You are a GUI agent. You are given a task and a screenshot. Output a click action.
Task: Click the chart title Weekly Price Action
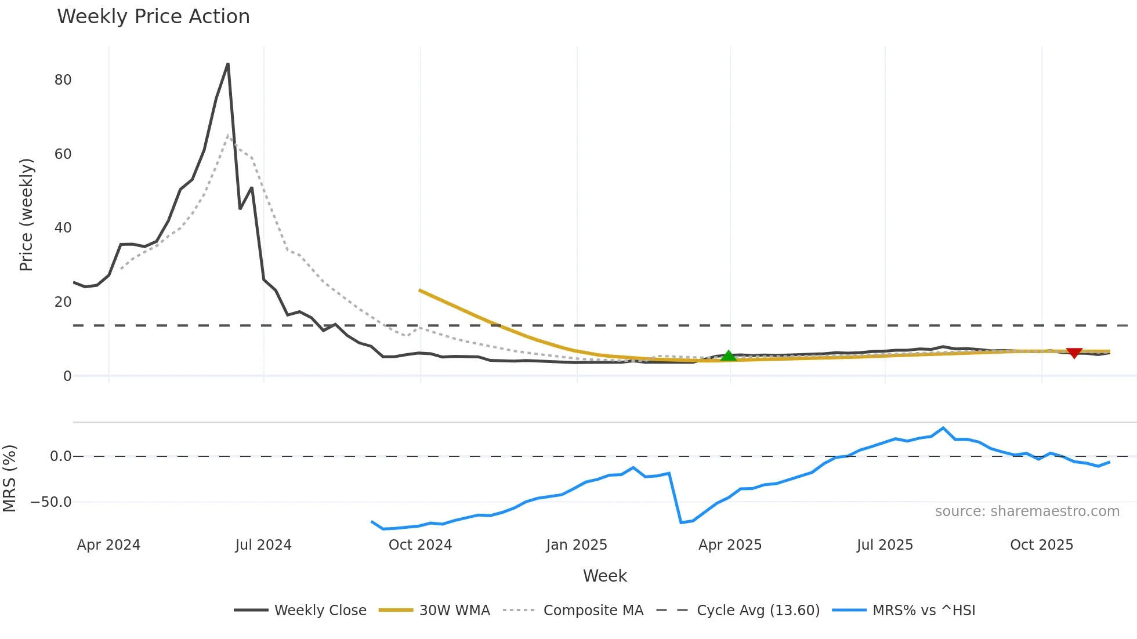153,17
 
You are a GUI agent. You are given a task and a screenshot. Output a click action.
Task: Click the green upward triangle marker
729,356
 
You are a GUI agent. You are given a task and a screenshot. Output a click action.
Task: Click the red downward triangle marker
1074,353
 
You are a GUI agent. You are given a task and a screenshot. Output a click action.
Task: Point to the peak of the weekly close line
228,64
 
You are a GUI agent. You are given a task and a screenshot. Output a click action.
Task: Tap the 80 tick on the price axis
63,80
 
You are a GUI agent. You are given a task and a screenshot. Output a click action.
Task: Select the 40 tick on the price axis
63,228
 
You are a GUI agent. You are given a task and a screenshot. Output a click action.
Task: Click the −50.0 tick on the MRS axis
52,502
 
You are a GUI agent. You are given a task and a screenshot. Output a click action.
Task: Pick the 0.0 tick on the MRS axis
60,456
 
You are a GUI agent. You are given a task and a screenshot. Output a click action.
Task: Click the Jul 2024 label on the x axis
263,545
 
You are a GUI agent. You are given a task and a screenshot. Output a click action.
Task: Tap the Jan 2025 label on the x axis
576,545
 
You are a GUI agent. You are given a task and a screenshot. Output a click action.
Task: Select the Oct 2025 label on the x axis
1041,545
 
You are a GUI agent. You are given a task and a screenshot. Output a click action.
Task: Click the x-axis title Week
604,576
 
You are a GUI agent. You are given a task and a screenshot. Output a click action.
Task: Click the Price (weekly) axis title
26,215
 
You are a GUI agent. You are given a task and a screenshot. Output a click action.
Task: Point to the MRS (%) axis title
9,478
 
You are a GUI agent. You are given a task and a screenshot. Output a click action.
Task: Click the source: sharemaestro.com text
1027,511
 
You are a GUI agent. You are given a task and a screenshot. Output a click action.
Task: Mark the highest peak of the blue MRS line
943,428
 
